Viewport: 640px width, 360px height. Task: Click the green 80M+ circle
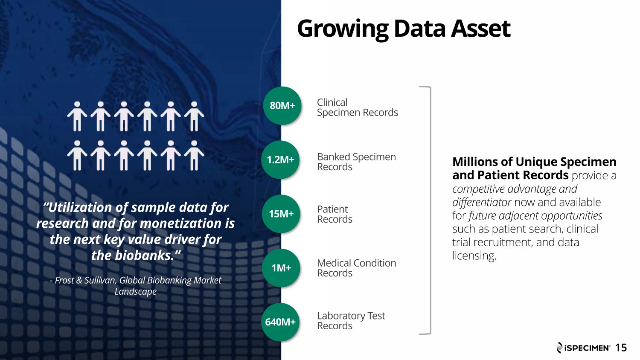click(282, 105)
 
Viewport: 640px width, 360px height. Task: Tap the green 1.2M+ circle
click(280, 160)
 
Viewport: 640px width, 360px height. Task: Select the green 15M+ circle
click(281, 214)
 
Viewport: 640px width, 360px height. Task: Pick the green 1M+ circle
click(281, 268)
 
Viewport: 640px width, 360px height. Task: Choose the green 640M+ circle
click(280, 322)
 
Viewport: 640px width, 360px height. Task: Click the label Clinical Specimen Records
click(357, 107)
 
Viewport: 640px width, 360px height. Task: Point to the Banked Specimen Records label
click(356, 162)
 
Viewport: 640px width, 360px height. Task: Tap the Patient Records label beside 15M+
click(335, 214)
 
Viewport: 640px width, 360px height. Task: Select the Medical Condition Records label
click(357, 268)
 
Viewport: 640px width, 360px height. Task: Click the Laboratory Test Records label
click(351, 321)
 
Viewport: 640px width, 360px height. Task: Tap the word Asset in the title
click(481, 28)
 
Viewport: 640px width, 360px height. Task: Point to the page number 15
click(621, 348)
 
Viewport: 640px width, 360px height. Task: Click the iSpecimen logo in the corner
click(583, 348)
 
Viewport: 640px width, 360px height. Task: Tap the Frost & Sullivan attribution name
click(86, 280)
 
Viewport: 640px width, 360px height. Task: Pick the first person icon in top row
click(77, 116)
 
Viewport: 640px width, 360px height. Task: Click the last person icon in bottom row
click(194, 155)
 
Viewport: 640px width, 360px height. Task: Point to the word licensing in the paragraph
click(474, 256)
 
